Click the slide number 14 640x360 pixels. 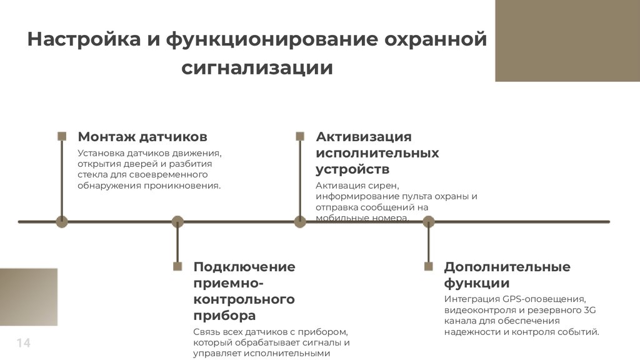click(x=23, y=343)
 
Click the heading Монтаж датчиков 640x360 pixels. click(x=142, y=137)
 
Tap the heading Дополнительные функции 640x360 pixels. click(x=507, y=275)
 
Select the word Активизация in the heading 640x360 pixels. click(x=363, y=137)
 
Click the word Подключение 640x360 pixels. click(x=244, y=267)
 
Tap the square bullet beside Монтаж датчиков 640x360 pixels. click(x=62, y=136)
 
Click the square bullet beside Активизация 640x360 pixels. click(x=300, y=136)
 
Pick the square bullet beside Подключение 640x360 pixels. click(x=177, y=266)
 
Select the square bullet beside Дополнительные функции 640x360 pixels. click(x=428, y=266)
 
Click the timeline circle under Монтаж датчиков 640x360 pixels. click(x=62, y=221)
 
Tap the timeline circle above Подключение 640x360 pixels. click(x=177, y=221)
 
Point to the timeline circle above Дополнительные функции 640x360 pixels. click(x=428, y=221)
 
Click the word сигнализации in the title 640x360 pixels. click(x=257, y=67)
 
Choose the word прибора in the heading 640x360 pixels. click(x=224, y=316)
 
